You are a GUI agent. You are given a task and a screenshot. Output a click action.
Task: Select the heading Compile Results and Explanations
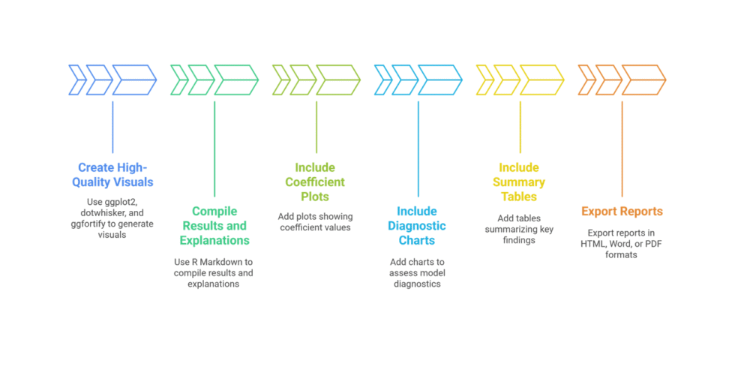point(214,226)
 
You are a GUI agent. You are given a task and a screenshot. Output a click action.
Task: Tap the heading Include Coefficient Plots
point(315,182)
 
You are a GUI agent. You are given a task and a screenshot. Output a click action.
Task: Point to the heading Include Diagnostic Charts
point(417,226)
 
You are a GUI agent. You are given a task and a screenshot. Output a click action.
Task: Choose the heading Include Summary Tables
point(519,182)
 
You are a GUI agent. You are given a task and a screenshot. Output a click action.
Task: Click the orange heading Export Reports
point(622,212)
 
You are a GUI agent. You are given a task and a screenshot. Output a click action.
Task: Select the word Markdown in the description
point(229,262)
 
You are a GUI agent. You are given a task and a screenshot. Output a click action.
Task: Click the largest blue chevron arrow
point(135,80)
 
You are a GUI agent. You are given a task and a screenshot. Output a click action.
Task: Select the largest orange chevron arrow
point(644,80)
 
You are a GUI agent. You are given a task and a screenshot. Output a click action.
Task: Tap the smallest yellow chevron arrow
point(484,80)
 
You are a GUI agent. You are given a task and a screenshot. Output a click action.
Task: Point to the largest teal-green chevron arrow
point(236,80)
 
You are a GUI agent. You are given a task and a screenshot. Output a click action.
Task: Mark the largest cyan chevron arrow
point(440,80)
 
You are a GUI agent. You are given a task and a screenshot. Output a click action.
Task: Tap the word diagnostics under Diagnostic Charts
point(417,284)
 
